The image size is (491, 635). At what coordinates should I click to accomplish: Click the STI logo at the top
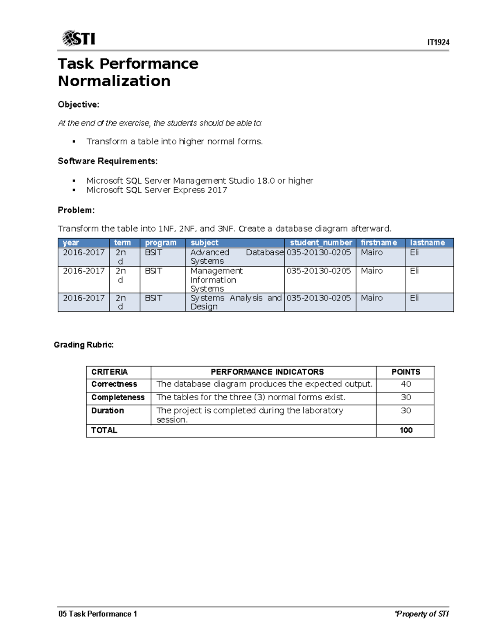[79, 38]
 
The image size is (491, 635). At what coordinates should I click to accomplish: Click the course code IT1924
[438, 43]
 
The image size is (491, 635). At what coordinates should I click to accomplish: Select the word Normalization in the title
[114, 81]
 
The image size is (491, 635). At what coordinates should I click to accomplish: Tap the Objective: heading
[79, 105]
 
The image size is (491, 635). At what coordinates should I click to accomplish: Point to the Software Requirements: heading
[108, 161]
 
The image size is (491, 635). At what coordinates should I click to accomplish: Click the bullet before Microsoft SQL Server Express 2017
[74, 190]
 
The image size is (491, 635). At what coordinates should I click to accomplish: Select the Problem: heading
[76, 210]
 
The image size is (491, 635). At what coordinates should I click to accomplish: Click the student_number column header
[321, 243]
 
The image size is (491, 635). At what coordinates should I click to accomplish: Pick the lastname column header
[427, 243]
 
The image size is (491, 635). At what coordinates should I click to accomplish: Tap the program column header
[160, 243]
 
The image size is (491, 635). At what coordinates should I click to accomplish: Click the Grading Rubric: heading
[84, 345]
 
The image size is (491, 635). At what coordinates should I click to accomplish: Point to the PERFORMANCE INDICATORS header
[267, 372]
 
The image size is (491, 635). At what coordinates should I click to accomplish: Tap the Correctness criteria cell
[114, 384]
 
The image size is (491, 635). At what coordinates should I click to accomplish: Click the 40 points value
[406, 384]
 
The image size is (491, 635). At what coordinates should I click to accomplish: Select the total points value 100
[406, 430]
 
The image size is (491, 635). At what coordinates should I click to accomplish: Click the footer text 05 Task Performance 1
[98, 614]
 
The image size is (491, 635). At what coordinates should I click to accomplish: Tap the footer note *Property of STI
[421, 614]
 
